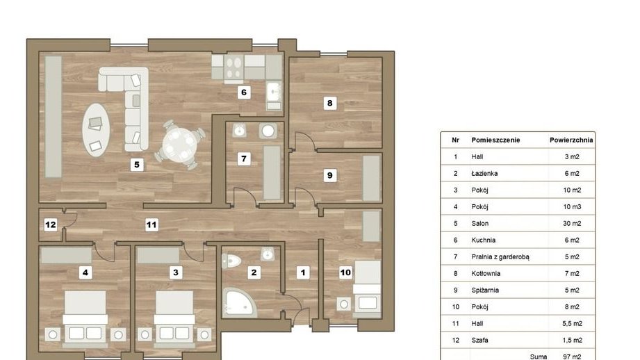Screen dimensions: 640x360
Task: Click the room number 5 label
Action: [137, 165]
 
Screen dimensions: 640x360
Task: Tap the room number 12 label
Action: [51, 224]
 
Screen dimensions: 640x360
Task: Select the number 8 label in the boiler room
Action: [330, 103]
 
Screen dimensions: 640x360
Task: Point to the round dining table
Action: [179, 144]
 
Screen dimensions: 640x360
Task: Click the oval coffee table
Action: [96, 129]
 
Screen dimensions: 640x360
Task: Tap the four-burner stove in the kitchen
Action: [233, 67]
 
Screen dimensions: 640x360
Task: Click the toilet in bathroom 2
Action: [231, 261]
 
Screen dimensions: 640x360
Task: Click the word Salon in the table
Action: [480, 223]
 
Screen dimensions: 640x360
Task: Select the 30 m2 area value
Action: [572, 223]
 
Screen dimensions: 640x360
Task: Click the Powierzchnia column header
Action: [571, 140]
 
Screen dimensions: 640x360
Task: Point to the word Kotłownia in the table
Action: [486, 273]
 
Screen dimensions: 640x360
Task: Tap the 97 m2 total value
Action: [572, 357]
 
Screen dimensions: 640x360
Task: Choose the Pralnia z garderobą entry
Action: [500, 256]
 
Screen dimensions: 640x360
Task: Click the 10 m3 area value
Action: [572, 206]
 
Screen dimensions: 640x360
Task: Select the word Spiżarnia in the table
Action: [485, 291]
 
